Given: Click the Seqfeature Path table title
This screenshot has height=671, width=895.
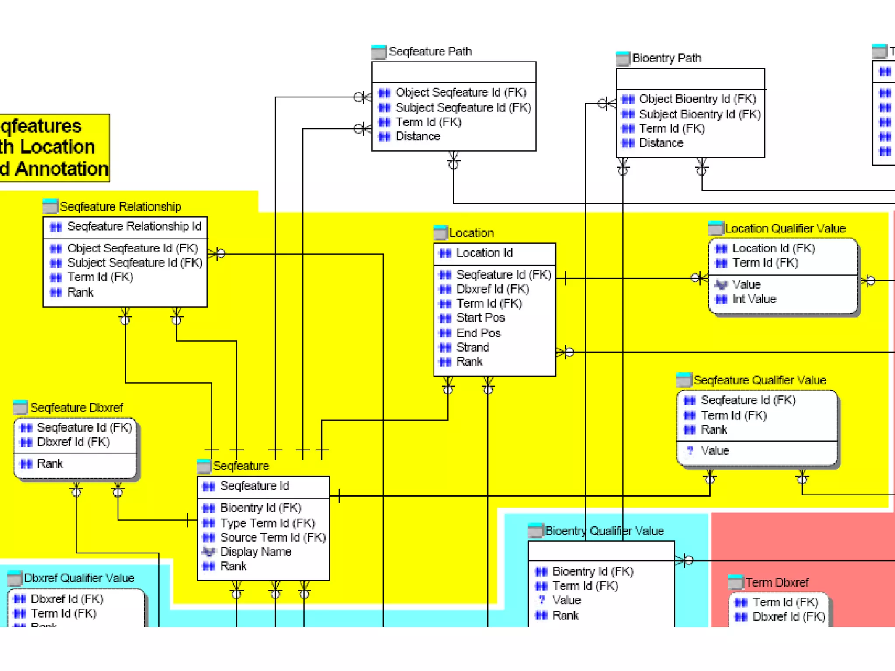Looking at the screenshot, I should click(x=430, y=52).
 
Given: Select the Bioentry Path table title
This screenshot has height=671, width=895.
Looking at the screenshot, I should click(x=666, y=58).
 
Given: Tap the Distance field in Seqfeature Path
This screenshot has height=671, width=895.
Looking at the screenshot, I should click(x=418, y=137).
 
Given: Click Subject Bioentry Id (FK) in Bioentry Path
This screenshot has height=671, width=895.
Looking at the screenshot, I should click(x=700, y=114).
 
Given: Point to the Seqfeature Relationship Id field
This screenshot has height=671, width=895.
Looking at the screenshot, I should click(x=134, y=226).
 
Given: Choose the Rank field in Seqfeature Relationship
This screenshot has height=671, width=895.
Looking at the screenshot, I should click(x=80, y=292).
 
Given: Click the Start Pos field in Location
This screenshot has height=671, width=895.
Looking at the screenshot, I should click(x=480, y=318).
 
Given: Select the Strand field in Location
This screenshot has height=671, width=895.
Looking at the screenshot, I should click(x=473, y=348).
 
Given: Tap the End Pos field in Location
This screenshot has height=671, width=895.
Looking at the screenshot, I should click(x=479, y=333).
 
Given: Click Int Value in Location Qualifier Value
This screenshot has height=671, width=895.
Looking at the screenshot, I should click(x=754, y=299).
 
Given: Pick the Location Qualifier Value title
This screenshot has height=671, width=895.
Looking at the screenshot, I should click(x=785, y=228).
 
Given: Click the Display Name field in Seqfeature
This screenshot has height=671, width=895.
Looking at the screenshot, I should click(x=256, y=552).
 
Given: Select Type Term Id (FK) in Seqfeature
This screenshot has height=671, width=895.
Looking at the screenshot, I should click(x=267, y=523).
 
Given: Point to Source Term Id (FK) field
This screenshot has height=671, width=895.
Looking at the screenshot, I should click(x=273, y=537).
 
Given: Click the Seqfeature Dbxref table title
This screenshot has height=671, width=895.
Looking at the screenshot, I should click(x=76, y=408).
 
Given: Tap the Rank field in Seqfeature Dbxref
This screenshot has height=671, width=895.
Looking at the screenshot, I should click(x=50, y=464).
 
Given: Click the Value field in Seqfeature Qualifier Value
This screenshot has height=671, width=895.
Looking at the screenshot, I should click(x=715, y=451).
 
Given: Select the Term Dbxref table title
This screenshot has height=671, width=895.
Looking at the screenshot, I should click(x=777, y=582).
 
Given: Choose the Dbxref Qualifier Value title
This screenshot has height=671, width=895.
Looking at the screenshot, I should click(x=79, y=578).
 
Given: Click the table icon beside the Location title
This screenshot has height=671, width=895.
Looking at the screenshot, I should click(x=440, y=232).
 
